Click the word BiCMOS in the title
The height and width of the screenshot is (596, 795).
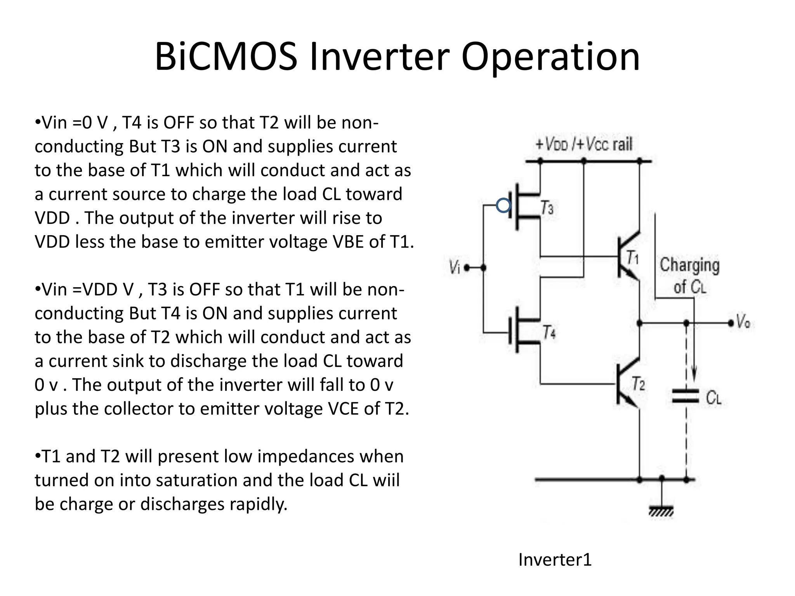click(x=226, y=57)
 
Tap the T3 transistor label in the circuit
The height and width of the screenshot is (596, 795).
click(x=547, y=208)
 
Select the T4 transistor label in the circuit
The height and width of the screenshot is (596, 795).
click(x=549, y=333)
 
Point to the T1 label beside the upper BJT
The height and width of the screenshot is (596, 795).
click(x=633, y=257)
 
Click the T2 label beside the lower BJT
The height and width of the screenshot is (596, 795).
click(x=638, y=384)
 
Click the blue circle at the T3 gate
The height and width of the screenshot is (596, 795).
click(x=503, y=205)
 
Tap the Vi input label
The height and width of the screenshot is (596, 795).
click(x=454, y=267)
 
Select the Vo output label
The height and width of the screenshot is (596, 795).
click(x=743, y=322)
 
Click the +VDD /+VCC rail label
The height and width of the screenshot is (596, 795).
click(x=584, y=145)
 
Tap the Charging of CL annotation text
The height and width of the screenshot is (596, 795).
click(x=689, y=276)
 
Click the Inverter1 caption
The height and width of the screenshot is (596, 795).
click(x=555, y=560)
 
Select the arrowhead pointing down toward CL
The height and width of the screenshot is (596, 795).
click(x=694, y=376)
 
